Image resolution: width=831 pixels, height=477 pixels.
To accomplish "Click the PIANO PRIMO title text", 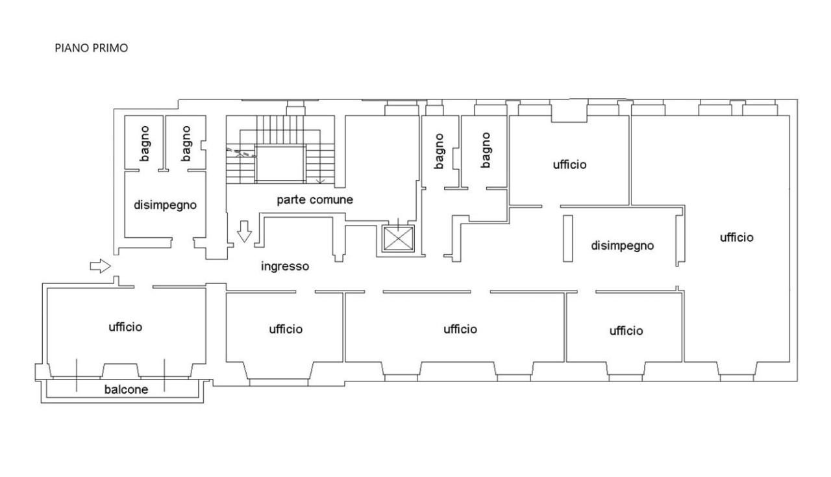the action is pyautogui.click(x=92, y=48).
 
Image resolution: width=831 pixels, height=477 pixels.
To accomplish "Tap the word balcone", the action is pyautogui.click(x=126, y=389).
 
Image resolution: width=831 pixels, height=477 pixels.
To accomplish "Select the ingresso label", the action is pyautogui.click(x=285, y=266).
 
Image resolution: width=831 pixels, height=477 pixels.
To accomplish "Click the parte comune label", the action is pyautogui.click(x=315, y=200).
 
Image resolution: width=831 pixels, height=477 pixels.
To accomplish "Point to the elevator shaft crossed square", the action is pyautogui.click(x=398, y=238).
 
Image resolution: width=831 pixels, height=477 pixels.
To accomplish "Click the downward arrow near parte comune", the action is pyautogui.click(x=244, y=231).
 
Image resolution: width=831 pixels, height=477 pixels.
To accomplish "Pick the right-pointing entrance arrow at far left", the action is pyautogui.click(x=100, y=266).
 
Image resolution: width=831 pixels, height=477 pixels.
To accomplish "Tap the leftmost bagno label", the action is pyautogui.click(x=145, y=144).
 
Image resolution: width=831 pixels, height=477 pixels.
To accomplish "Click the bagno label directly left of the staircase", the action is pyautogui.click(x=186, y=144).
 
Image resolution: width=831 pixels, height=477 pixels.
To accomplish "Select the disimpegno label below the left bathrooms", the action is pyautogui.click(x=165, y=205).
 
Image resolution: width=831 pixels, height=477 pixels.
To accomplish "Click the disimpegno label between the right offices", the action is pyautogui.click(x=623, y=246).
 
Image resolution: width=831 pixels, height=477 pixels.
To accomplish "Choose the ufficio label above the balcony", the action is pyautogui.click(x=125, y=327).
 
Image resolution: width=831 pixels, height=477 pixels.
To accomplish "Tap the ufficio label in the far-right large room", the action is pyautogui.click(x=737, y=237).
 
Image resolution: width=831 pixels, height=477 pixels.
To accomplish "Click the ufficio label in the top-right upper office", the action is pyautogui.click(x=570, y=164).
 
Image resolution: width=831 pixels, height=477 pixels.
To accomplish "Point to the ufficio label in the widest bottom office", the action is pyautogui.click(x=460, y=329).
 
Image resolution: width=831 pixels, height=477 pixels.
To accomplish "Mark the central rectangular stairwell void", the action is pyautogui.click(x=280, y=164).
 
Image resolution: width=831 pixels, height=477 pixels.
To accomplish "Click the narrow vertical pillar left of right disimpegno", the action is pyautogui.click(x=567, y=238).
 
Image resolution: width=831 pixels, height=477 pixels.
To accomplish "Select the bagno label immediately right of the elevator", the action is pyautogui.click(x=439, y=151).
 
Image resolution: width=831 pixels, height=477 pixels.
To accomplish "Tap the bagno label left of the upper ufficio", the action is pyautogui.click(x=485, y=150).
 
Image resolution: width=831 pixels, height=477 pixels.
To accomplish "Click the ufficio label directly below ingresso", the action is pyautogui.click(x=286, y=329).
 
